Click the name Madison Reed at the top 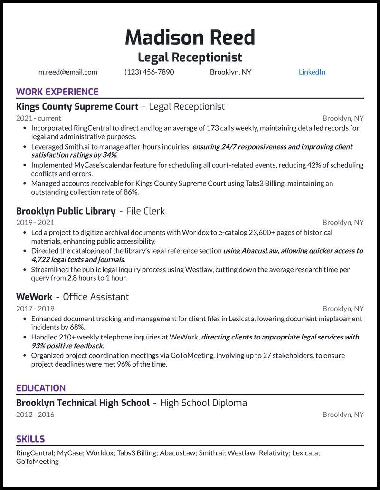[x=190, y=38]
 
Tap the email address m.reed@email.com [x=67, y=72]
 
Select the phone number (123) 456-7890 [x=149, y=72]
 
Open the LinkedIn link [x=312, y=72]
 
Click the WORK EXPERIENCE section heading [x=57, y=92]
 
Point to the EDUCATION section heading [x=41, y=388]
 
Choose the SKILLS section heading [x=30, y=439]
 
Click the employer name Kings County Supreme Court [x=77, y=107]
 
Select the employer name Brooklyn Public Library [x=66, y=211]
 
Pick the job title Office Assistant [x=95, y=297]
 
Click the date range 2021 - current [x=38, y=118]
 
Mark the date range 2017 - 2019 [x=35, y=309]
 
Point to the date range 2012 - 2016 [x=35, y=415]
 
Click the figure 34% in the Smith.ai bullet [x=109, y=155]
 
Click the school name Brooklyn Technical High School [x=83, y=403]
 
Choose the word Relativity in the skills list [x=273, y=453]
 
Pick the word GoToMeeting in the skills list [x=38, y=462]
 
